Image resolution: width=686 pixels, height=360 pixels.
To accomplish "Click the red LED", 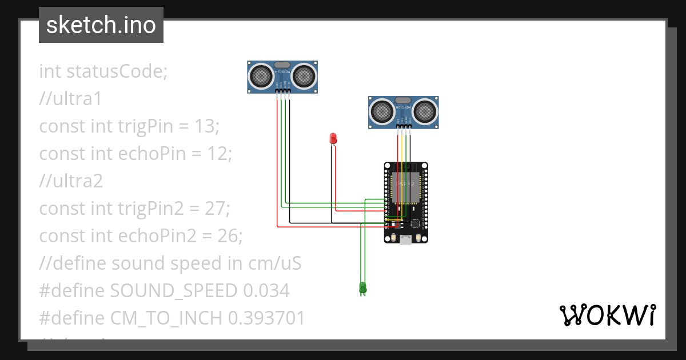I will (333, 138).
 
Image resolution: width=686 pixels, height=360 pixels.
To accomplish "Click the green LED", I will (362, 287).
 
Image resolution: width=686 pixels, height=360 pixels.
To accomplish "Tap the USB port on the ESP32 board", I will (406, 240).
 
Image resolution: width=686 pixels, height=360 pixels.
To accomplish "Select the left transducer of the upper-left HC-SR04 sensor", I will (261, 75).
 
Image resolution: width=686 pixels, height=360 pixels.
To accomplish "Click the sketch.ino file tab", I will (101, 25).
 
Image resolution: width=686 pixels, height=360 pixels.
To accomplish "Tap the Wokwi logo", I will (607, 315).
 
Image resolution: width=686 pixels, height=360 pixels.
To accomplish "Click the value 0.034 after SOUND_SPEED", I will (266, 291).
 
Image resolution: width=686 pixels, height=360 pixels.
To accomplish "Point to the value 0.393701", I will (266, 318).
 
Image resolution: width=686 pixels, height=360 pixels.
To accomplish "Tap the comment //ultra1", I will (70, 99).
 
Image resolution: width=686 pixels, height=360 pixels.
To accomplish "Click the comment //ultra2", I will (71, 181).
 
